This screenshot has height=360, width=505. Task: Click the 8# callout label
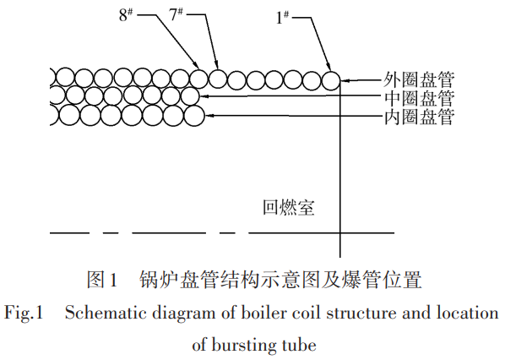[126, 15]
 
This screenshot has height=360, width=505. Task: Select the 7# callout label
[176, 14]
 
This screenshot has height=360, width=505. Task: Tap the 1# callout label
[282, 18]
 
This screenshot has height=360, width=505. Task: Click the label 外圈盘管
[419, 79]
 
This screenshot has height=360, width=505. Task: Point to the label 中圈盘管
[419, 98]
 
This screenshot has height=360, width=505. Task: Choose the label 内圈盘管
[419, 117]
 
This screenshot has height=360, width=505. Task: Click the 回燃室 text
[289, 208]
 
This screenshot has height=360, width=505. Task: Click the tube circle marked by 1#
[331, 80]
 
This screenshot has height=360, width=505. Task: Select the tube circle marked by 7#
[218, 79]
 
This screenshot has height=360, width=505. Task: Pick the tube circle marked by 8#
[198, 78]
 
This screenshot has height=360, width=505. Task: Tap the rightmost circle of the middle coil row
[190, 96]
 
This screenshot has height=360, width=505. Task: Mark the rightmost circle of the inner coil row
[194, 116]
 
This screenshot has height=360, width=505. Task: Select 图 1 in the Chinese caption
[101, 280]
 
